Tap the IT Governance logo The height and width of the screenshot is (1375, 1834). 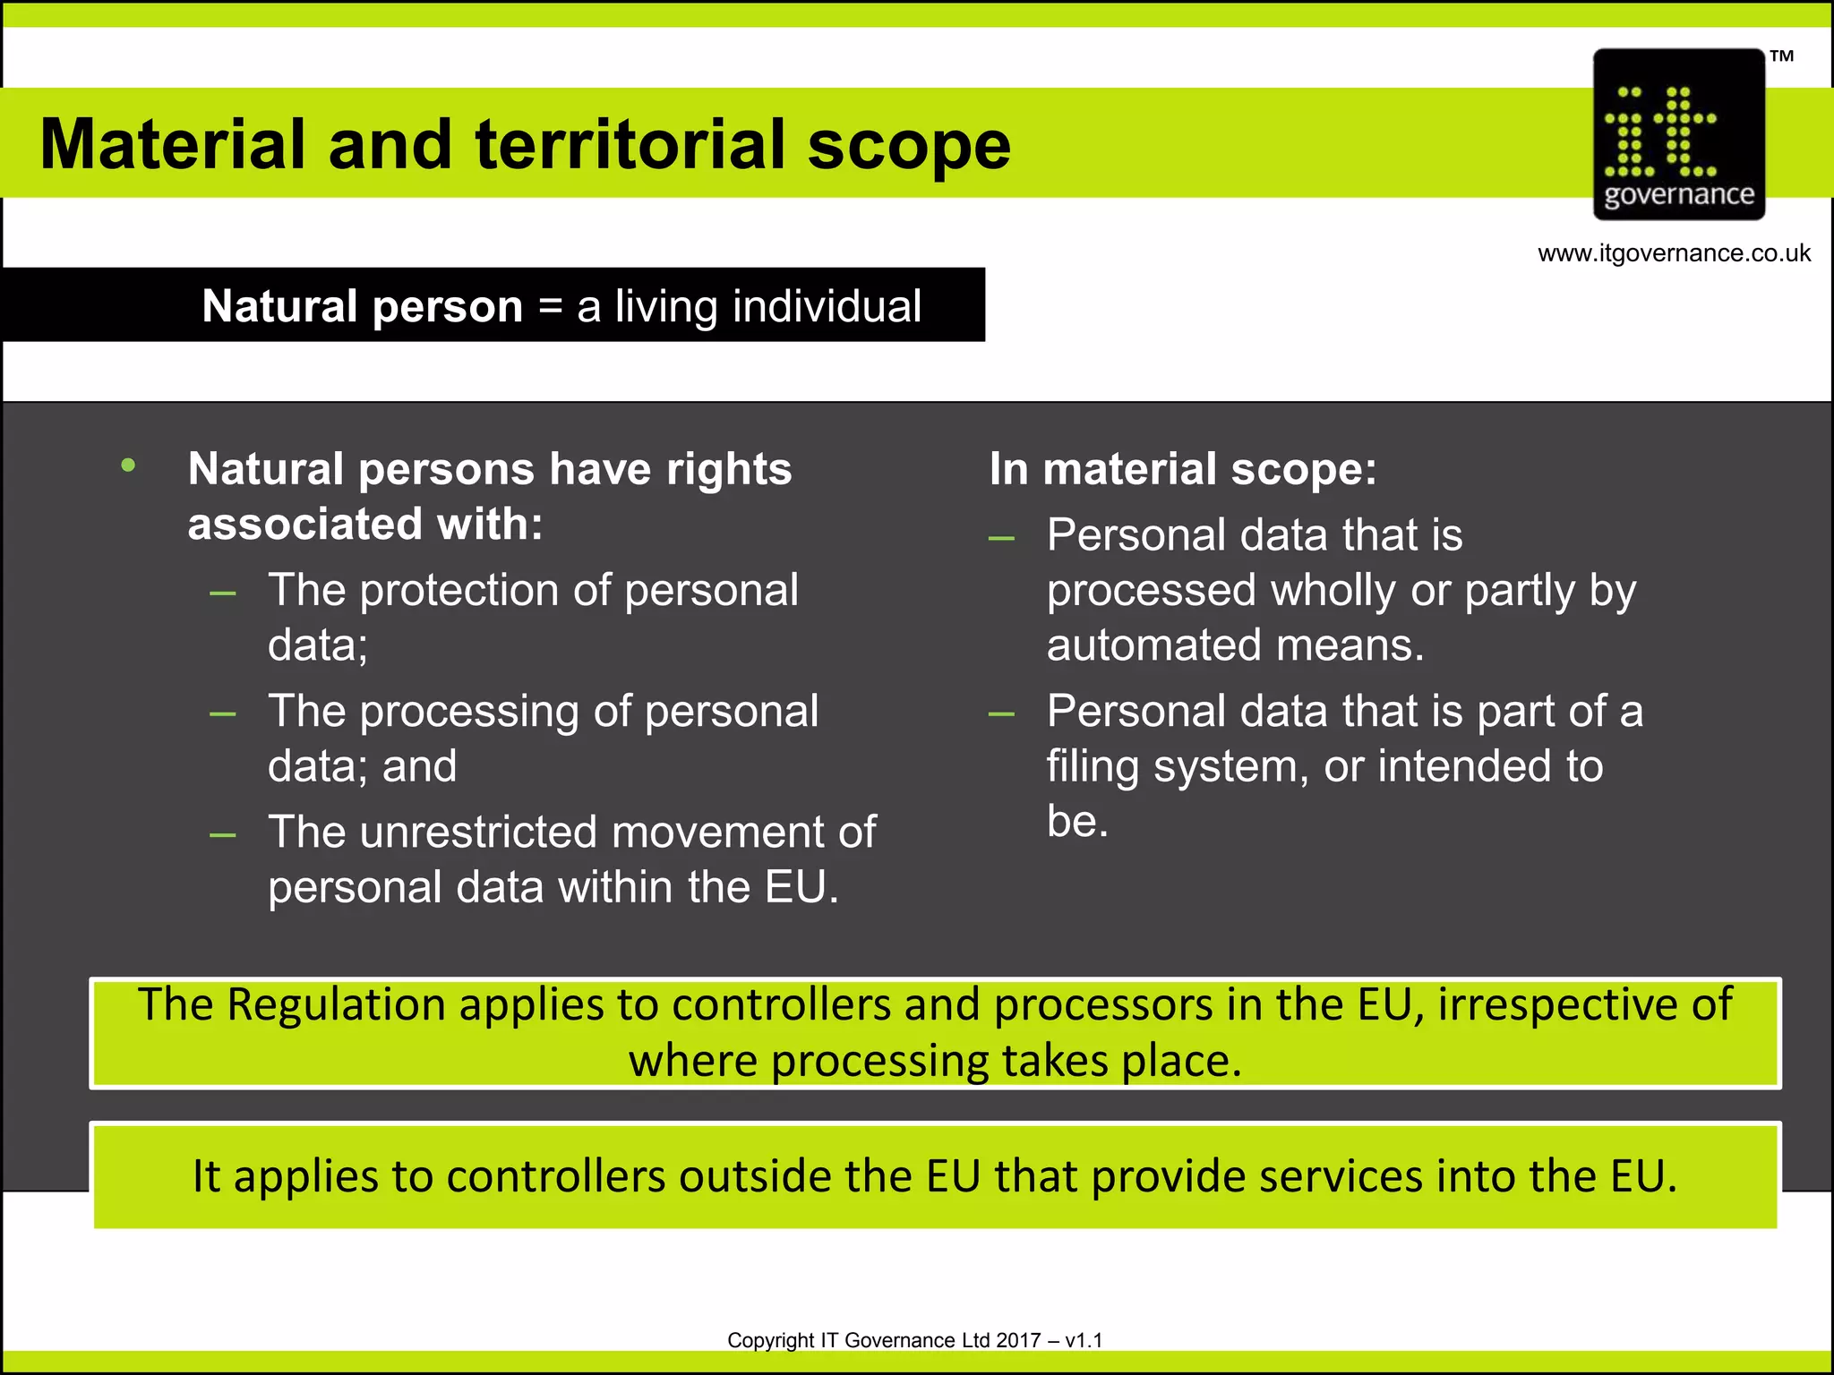coord(1678,134)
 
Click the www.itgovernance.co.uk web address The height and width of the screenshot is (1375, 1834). coord(1674,253)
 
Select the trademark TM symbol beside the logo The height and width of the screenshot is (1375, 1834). coord(1781,56)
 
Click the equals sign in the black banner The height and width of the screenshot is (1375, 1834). coord(550,307)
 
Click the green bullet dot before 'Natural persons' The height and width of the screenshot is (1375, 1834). coord(129,465)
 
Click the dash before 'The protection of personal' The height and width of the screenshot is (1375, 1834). coord(223,593)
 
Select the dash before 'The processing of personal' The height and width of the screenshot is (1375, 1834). coord(223,714)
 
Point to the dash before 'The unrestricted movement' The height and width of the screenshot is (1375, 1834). coord(223,836)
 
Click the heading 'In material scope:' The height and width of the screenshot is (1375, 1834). coord(1182,469)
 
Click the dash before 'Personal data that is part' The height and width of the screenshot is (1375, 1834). coord(1001,714)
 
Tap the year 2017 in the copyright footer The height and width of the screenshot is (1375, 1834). coord(1018,1340)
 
